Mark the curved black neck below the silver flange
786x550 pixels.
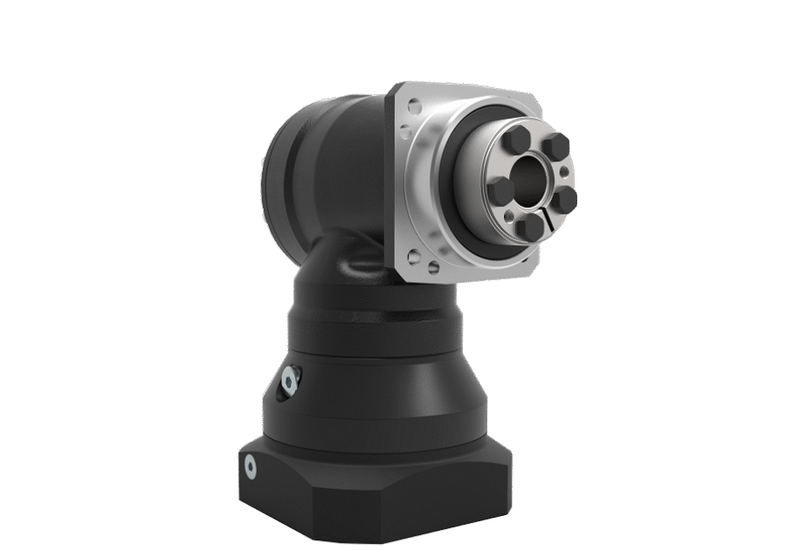349,262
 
